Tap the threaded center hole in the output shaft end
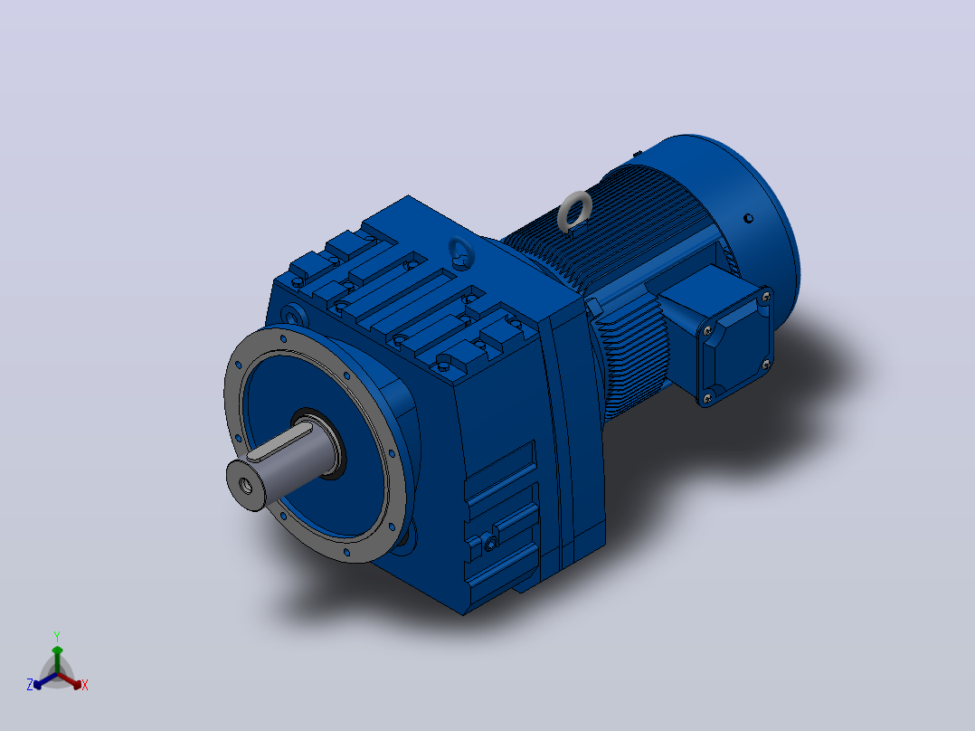coord(246,485)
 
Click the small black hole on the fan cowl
coord(749,218)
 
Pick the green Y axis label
coord(57,637)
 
